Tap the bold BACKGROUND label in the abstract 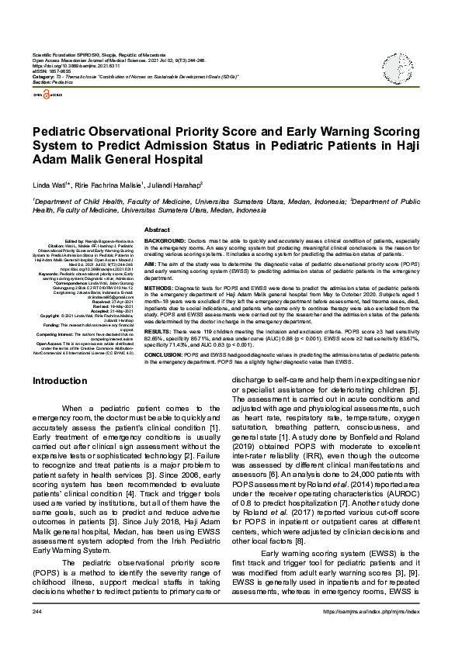coord(162,242)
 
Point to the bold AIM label coord(150,264)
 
